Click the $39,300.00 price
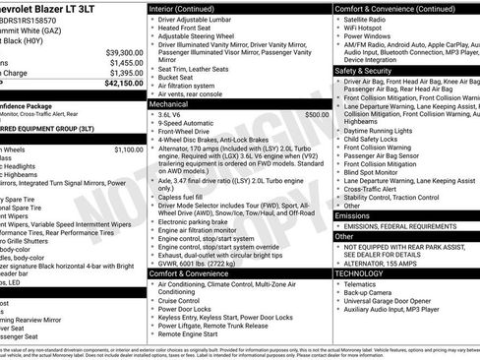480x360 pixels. point(124,52)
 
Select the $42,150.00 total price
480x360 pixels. point(124,85)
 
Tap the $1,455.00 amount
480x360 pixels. point(124,63)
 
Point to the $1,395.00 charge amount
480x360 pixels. point(124,74)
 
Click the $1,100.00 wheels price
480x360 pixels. point(128,150)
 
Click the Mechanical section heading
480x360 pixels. point(168,103)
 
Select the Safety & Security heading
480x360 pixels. point(365,71)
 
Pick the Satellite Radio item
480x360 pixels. point(371,19)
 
